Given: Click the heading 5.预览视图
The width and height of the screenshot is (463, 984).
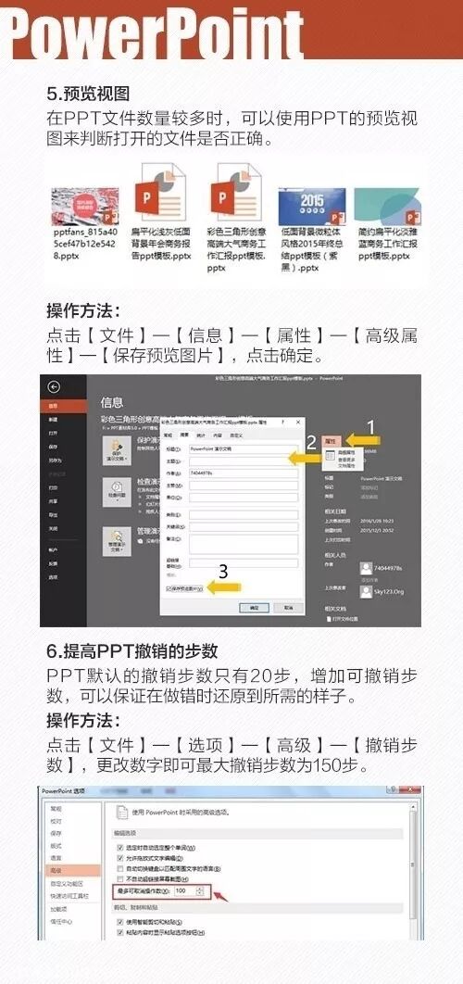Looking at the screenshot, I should pyautogui.click(x=88, y=93).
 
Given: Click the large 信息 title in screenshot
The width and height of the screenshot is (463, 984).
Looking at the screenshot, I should pyautogui.click(x=112, y=403).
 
